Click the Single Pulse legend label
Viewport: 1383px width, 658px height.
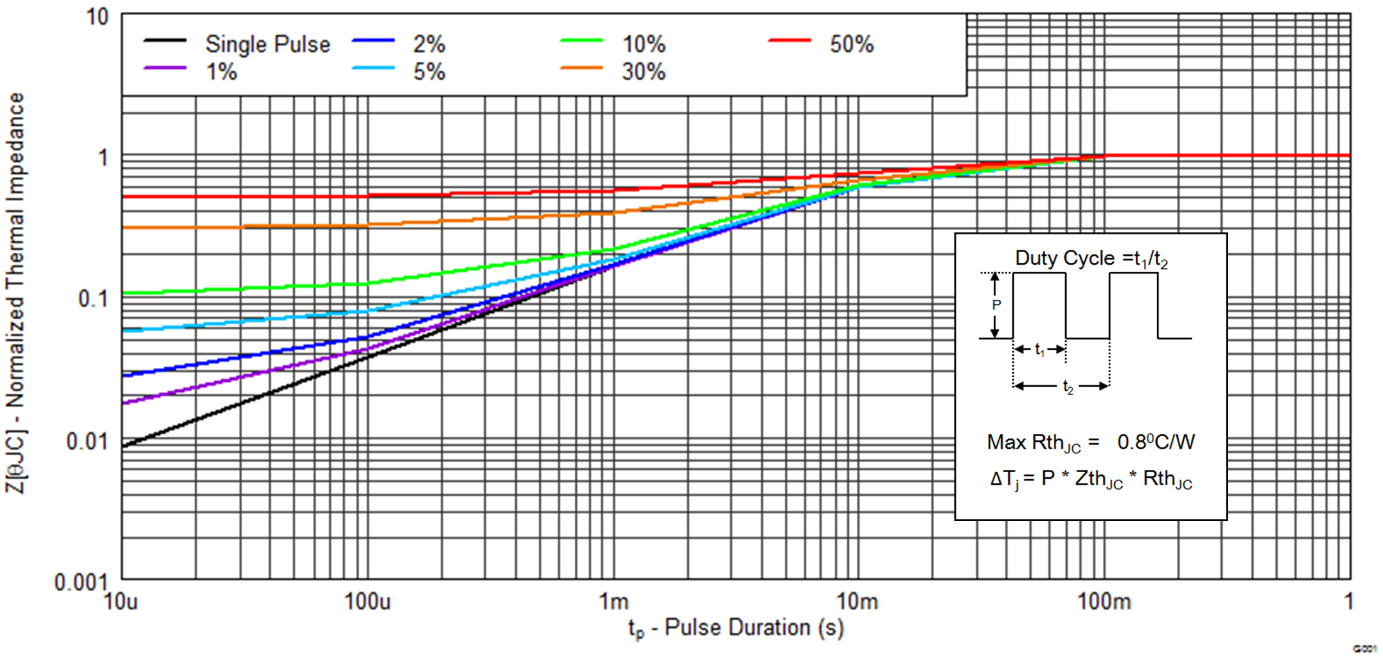coord(267,44)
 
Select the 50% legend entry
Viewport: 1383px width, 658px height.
coord(852,44)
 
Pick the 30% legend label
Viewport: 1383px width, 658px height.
coord(643,72)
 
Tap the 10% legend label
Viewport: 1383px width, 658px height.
coord(643,44)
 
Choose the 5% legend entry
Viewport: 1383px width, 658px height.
coord(429,72)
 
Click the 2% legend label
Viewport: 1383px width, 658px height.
coord(429,44)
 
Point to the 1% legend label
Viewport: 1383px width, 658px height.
coord(221,72)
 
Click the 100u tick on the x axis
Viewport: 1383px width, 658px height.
coord(367,602)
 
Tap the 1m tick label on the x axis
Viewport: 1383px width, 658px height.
coord(613,602)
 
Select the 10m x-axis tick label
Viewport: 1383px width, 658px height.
coord(857,602)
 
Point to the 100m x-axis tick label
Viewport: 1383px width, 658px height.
coord(1104,602)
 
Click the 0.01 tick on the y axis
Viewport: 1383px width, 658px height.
coord(87,442)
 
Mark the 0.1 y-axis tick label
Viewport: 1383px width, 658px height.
coord(93,299)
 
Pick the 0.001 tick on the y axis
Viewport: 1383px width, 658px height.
coord(80,582)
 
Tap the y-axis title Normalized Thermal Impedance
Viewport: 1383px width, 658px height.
coord(15,292)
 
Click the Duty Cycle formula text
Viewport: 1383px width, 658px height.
coord(1091,258)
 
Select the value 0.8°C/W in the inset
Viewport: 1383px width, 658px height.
coord(1156,442)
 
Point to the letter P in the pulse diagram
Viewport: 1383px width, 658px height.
coord(997,305)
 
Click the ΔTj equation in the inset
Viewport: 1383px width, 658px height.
coord(1091,479)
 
